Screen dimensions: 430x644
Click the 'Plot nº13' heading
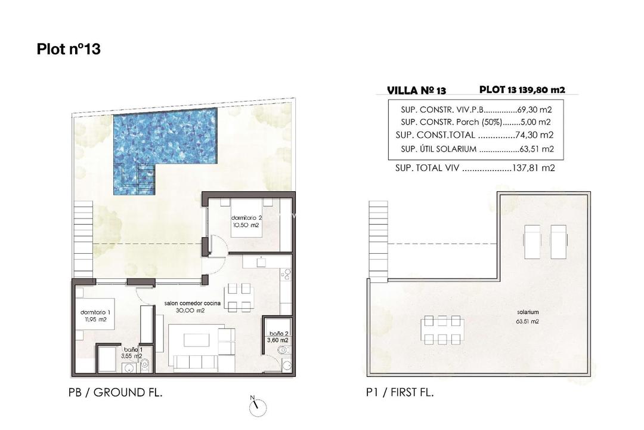tap(69, 49)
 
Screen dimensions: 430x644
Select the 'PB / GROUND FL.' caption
tap(116, 392)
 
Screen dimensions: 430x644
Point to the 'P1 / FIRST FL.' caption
tap(401, 392)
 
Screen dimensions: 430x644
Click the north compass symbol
tap(256, 406)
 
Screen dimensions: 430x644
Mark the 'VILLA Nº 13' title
tap(416, 91)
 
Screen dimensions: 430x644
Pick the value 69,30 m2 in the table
tap(533, 110)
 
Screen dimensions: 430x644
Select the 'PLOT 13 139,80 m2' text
tap(522, 90)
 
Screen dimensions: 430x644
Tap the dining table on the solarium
tap(442, 330)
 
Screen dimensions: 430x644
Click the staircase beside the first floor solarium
tap(379, 239)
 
